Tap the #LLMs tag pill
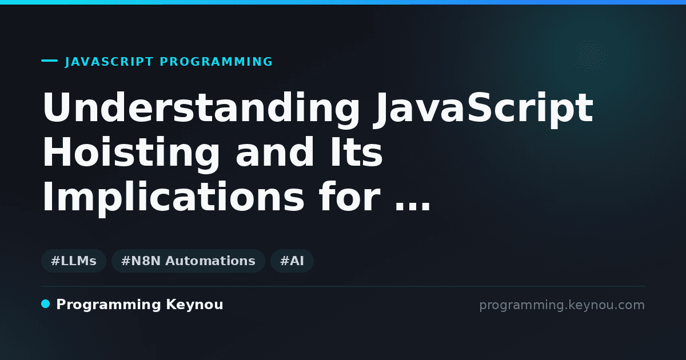click(x=74, y=261)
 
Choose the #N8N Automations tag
click(x=188, y=261)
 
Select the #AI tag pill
click(x=292, y=261)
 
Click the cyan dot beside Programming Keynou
click(x=45, y=304)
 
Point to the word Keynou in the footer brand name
click(x=194, y=305)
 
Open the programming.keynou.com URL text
click(x=562, y=306)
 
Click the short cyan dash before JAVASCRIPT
click(x=49, y=61)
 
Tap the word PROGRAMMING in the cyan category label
click(x=216, y=62)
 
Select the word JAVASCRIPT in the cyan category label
click(x=109, y=62)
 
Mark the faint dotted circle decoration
click(x=591, y=57)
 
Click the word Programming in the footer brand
click(x=109, y=305)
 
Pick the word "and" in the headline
click(x=275, y=152)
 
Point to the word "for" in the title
click(x=349, y=197)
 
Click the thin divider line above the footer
click(x=343, y=286)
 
